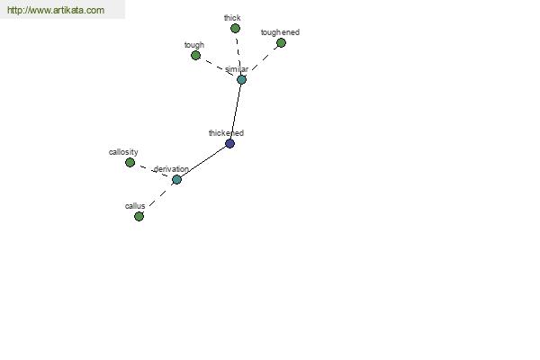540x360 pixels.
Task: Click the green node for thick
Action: click(235, 28)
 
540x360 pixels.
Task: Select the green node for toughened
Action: click(281, 42)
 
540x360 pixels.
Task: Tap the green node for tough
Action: click(195, 55)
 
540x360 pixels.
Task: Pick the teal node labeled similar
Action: click(241, 79)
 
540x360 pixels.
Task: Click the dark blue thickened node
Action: click(230, 144)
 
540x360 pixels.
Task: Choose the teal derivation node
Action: click(176, 179)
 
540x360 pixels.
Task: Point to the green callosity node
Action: click(130, 162)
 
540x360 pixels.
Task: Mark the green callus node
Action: click(139, 216)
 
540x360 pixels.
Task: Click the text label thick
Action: click(232, 18)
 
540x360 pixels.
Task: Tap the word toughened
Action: click(280, 32)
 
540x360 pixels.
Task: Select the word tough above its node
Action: click(194, 45)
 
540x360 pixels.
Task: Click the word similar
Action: click(237, 69)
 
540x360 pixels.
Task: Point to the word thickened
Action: click(226, 133)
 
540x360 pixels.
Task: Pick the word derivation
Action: click(171, 169)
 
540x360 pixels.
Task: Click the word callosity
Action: click(123, 152)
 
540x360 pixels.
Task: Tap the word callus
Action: click(135, 206)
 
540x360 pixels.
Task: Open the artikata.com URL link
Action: click(56, 10)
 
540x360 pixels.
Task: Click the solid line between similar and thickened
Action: click(236, 112)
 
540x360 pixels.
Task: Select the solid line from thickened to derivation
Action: click(203, 162)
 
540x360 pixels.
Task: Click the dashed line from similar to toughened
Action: click(265, 58)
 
